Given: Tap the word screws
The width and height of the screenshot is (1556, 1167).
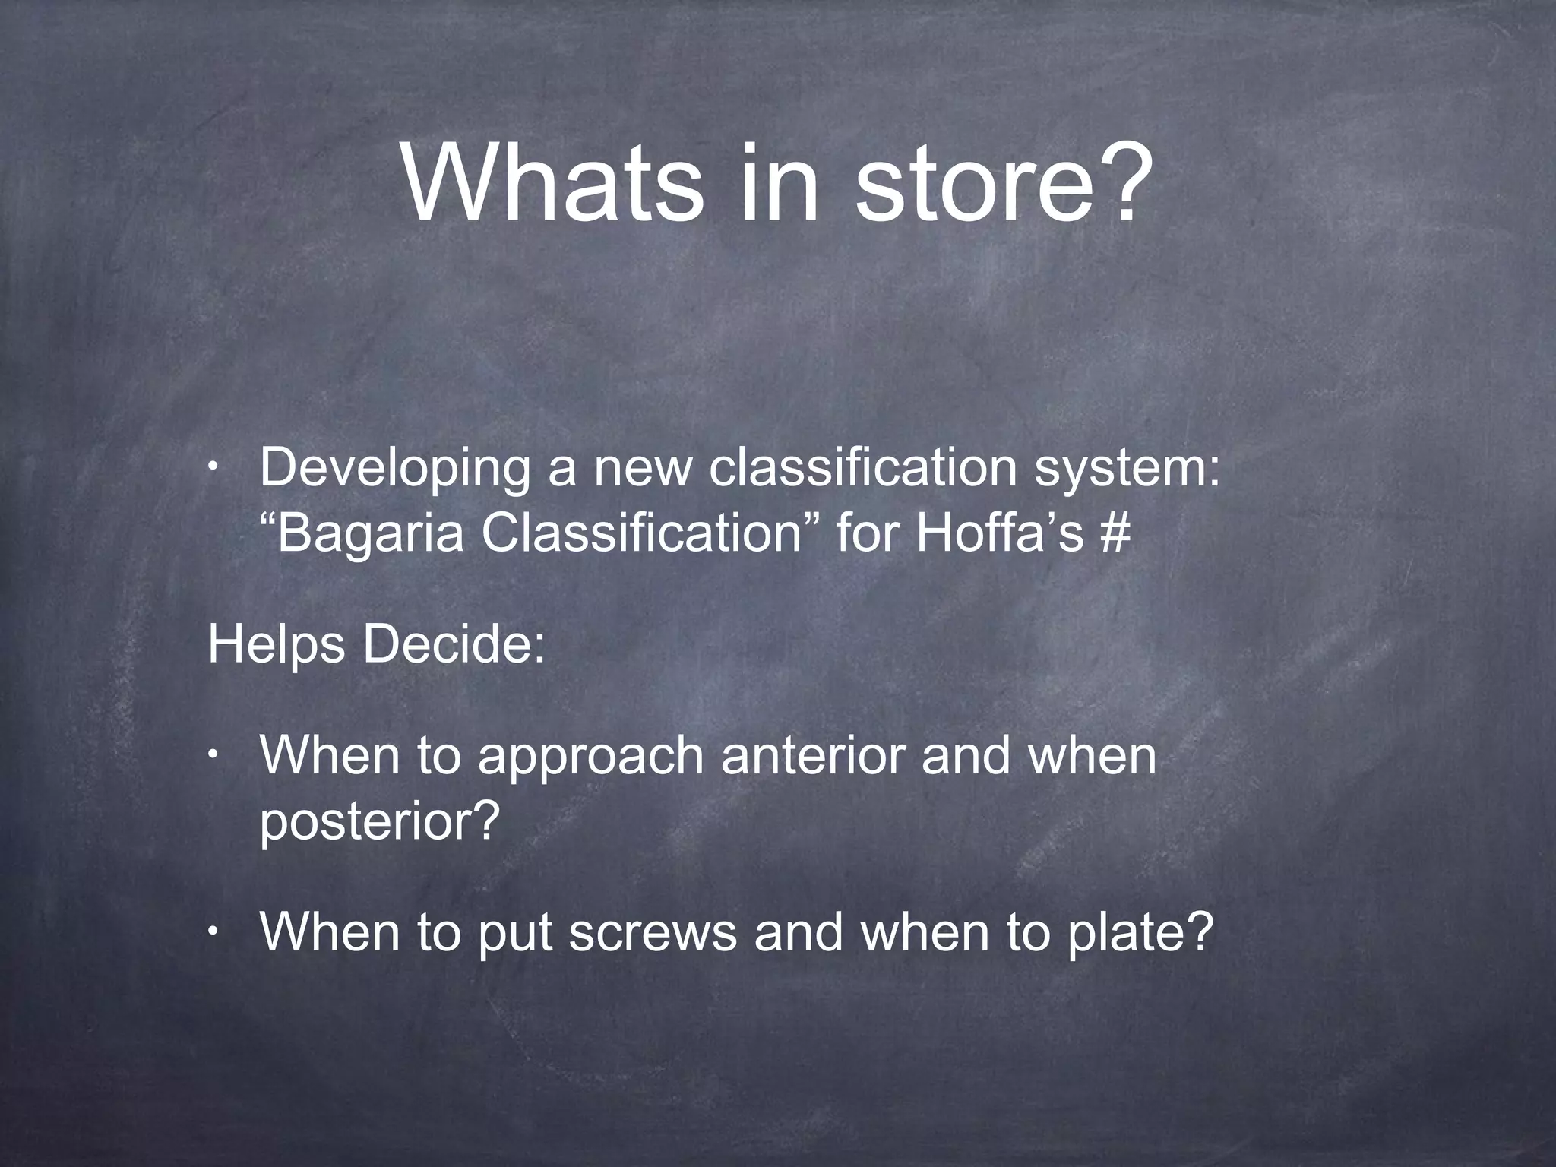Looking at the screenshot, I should pos(653,934).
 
